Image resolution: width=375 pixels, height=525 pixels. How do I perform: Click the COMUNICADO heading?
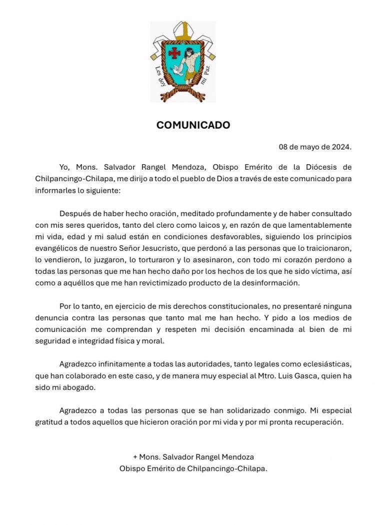193,125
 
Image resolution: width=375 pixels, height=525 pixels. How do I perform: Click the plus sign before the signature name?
135,457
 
